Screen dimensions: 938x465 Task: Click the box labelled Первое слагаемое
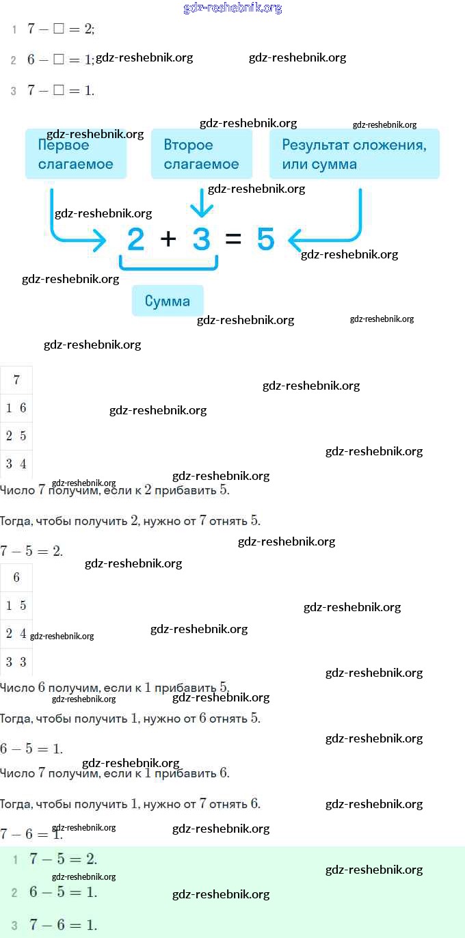[75, 155]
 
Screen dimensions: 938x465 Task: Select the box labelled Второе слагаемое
[201, 155]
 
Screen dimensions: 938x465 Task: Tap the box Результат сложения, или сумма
[354, 155]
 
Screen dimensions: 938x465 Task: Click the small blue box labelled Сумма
[168, 301]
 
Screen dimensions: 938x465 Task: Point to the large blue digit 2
[136, 239]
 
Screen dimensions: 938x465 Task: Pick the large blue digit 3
[201, 239]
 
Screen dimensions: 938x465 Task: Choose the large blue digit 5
[265, 239]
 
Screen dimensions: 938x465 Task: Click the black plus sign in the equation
[168, 239]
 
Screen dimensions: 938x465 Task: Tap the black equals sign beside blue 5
[233, 239]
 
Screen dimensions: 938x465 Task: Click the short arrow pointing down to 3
[201, 204]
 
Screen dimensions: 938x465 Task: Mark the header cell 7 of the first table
[16, 380]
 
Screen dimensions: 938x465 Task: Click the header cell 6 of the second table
[16, 578]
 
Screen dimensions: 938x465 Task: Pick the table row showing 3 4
[16, 464]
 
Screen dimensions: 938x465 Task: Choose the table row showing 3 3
[16, 661]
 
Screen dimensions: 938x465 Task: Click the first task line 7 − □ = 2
[60, 29]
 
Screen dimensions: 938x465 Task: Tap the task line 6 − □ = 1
[59, 59]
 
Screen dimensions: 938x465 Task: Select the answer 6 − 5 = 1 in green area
[63, 892]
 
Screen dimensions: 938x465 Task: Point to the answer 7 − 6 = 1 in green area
[63, 925]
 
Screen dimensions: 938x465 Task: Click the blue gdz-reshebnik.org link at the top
[232, 8]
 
